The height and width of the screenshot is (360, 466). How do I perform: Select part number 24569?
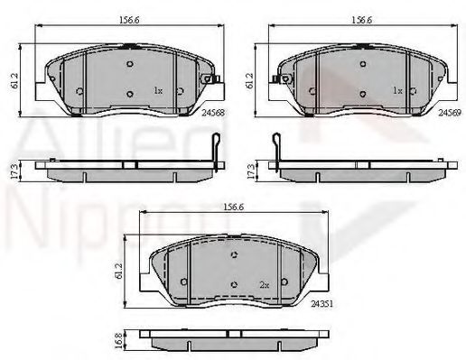pos(449,114)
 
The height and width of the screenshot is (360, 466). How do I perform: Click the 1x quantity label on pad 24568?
pos(157,91)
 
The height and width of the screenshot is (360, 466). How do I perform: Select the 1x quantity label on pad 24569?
pos(397,91)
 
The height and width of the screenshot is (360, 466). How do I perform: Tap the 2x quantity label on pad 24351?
pos(265,285)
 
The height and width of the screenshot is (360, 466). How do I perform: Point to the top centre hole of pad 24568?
pos(129,63)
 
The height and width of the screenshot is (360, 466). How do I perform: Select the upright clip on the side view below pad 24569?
pos(276,148)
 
